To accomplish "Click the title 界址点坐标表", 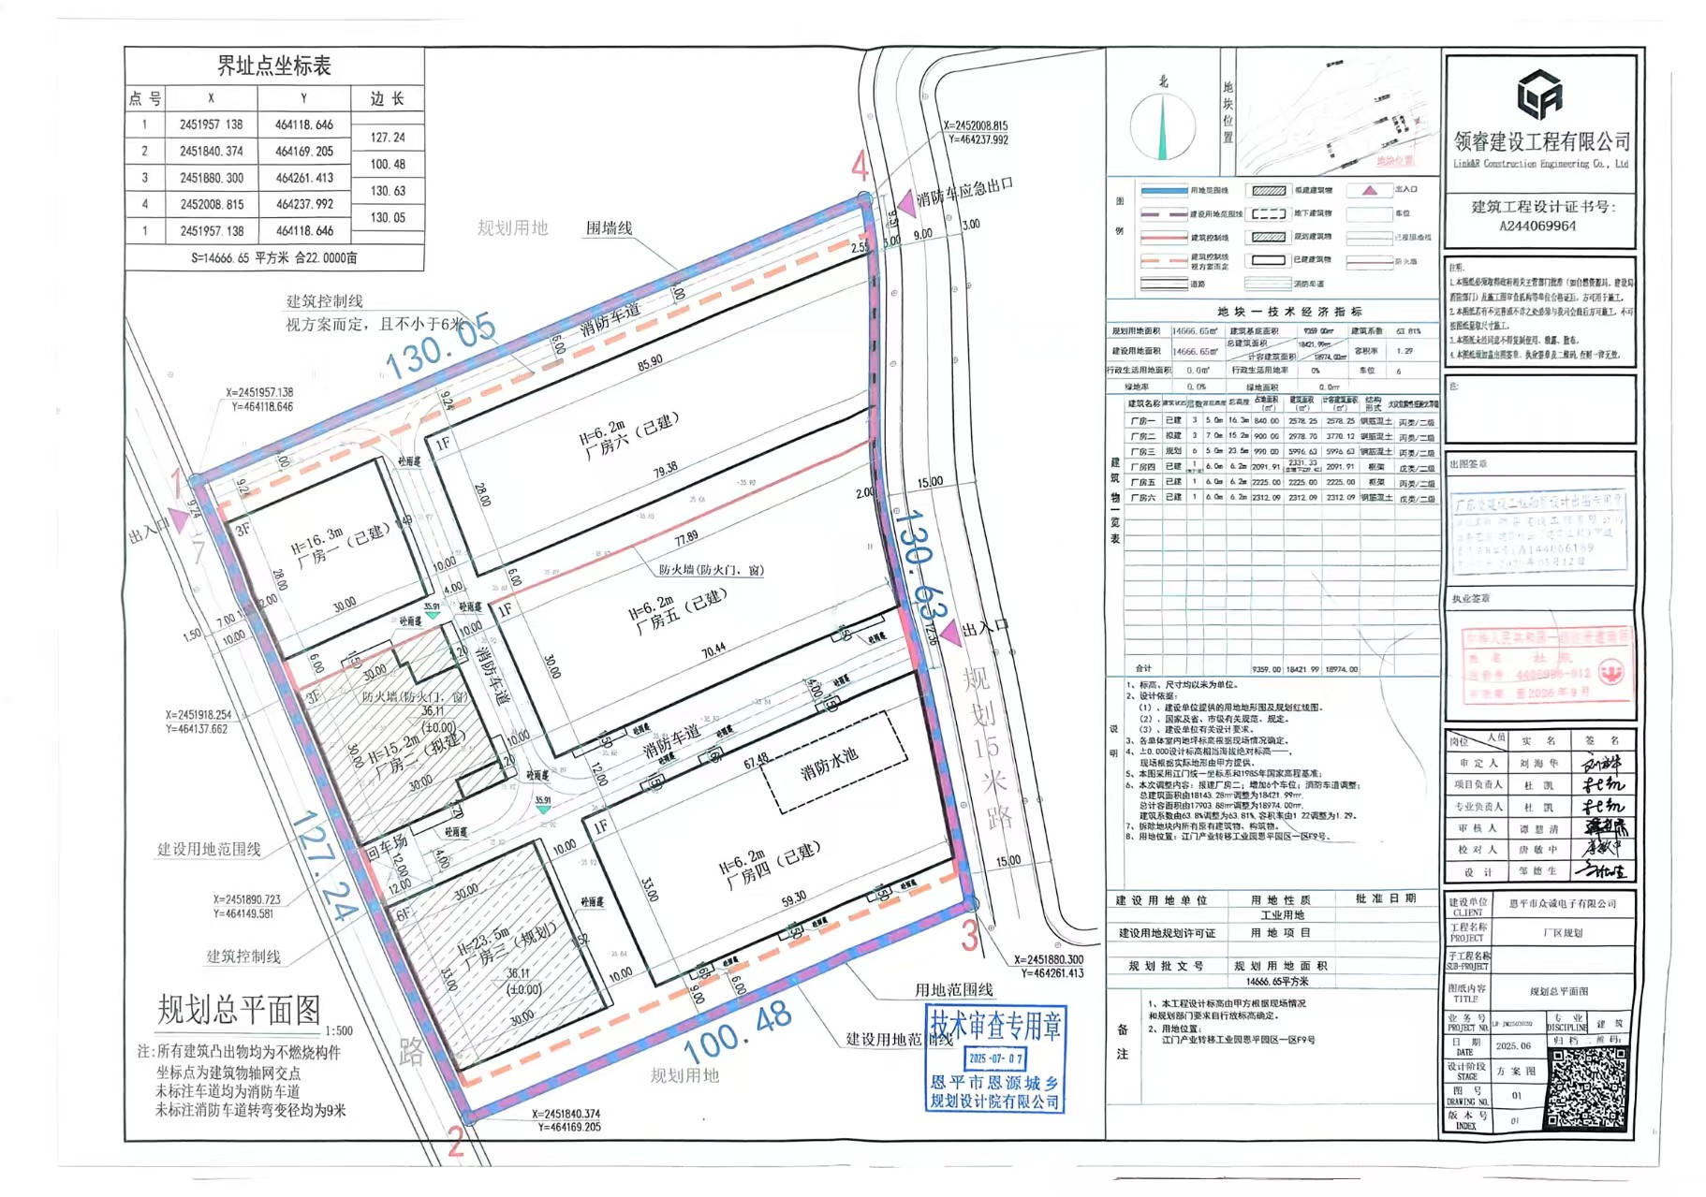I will (273, 66).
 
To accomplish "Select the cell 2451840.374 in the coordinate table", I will (211, 151).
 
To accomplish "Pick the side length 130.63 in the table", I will (388, 191).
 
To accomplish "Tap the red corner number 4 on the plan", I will (860, 168).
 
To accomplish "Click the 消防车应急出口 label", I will (964, 191).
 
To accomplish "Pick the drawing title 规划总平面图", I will (239, 1010).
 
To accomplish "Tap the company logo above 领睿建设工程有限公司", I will (1538, 95).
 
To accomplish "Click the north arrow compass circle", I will (1162, 126).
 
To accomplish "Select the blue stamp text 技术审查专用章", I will (994, 1026).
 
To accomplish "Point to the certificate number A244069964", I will (1537, 226).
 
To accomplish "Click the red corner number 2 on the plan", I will (455, 1142).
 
